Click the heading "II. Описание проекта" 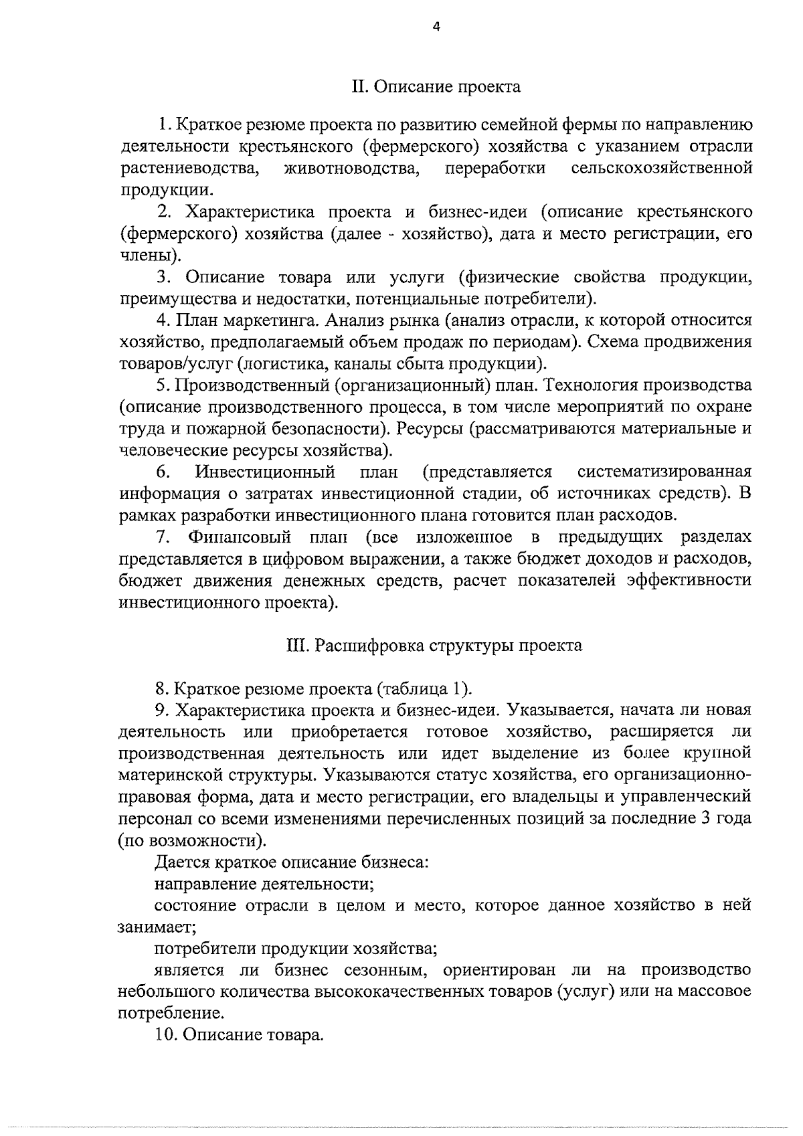436,87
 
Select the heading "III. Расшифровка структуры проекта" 435,646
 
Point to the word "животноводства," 352,168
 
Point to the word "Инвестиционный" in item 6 265,472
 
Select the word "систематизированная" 664,472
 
